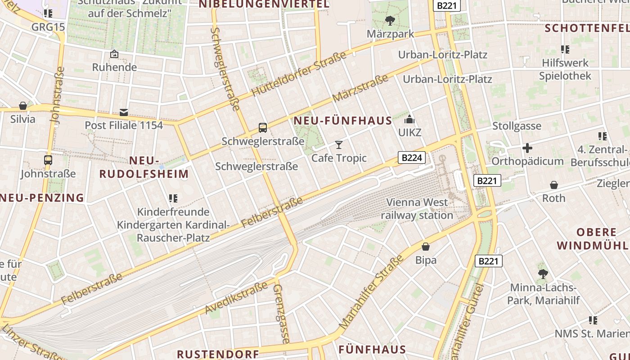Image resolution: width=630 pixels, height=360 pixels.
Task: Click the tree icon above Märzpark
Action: [x=390, y=20]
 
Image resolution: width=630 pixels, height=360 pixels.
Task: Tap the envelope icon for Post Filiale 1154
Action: [x=124, y=112]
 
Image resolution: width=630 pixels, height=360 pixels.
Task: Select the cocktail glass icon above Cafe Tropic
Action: [x=339, y=144]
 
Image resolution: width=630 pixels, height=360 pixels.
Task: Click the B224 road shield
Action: [x=412, y=157]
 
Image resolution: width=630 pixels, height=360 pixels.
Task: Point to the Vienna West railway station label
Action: [x=417, y=209]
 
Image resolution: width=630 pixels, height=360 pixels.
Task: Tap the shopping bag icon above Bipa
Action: [x=426, y=247]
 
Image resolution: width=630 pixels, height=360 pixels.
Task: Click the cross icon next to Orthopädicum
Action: [x=527, y=148]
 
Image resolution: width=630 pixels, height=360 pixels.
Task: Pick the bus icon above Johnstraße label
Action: [x=48, y=160]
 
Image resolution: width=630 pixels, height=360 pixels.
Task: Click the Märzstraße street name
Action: [x=360, y=88]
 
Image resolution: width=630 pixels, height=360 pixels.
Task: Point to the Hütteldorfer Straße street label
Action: [x=299, y=74]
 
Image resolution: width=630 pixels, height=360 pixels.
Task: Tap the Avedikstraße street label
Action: [x=236, y=297]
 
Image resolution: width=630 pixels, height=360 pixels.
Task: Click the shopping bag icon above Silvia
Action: [x=23, y=106]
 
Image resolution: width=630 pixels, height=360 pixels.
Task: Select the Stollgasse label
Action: [x=517, y=126]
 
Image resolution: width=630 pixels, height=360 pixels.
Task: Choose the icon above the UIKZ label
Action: [x=409, y=119]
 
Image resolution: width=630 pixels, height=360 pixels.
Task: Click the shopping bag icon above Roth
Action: [x=554, y=185]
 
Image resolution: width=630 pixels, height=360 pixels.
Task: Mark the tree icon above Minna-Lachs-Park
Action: [x=543, y=274]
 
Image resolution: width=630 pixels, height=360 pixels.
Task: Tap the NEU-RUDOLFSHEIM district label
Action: [x=144, y=167]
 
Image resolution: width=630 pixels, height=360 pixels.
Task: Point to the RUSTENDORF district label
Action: [x=218, y=354]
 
